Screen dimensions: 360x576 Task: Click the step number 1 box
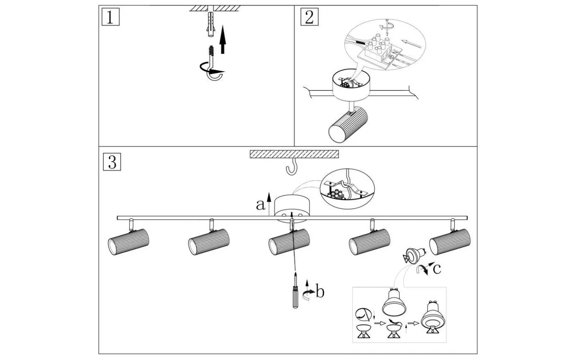(110, 17)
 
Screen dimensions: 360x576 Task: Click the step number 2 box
(309, 17)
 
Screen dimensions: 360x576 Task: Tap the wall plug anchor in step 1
(211, 24)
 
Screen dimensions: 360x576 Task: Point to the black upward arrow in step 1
(223, 39)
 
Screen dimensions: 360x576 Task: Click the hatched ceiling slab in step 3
(294, 154)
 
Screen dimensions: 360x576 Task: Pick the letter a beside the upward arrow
(260, 204)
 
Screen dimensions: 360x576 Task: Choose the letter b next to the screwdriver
(320, 292)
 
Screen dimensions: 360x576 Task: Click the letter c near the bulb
(437, 268)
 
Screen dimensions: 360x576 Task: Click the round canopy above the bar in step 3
(292, 208)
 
